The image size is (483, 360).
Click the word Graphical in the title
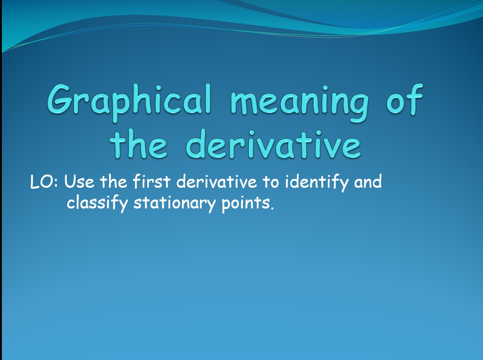(x=129, y=102)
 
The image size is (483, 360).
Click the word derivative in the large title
(x=273, y=144)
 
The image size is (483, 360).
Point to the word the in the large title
(x=139, y=144)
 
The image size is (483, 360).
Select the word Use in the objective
(x=79, y=182)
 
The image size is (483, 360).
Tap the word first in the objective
(x=151, y=181)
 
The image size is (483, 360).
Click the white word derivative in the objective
(x=216, y=181)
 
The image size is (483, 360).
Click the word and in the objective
(x=368, y=181)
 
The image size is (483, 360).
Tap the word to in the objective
(x=271, y=182)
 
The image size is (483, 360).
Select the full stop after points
(x=272, y=208)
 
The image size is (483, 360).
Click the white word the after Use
(x=113, y=181)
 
